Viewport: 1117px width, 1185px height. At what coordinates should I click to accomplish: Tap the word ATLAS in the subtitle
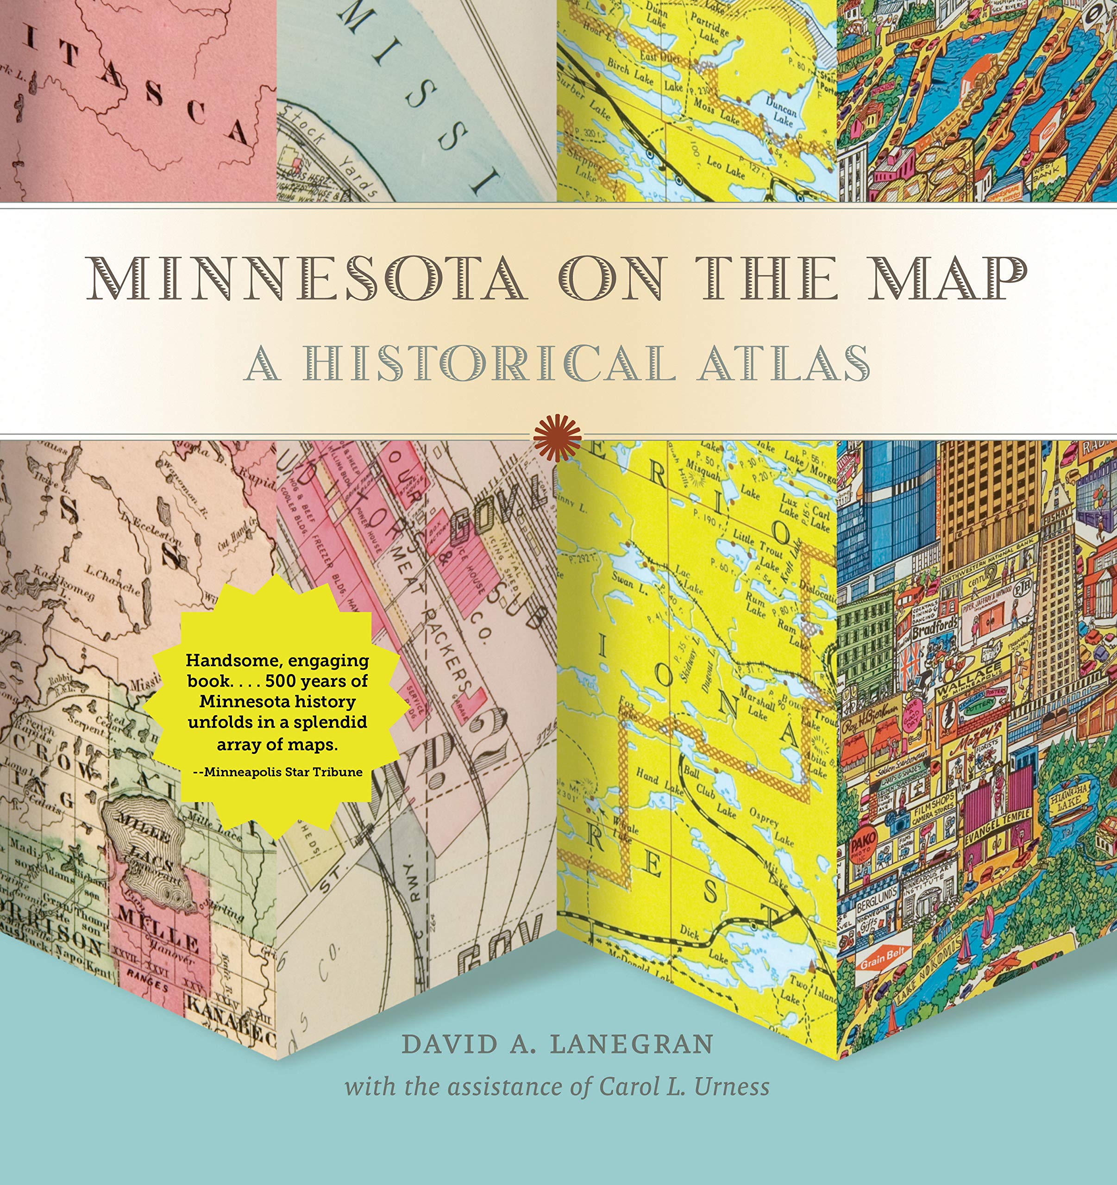[x=784, y=363]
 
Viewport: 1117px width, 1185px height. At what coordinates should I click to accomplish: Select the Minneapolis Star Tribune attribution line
[x=278, y=772]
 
